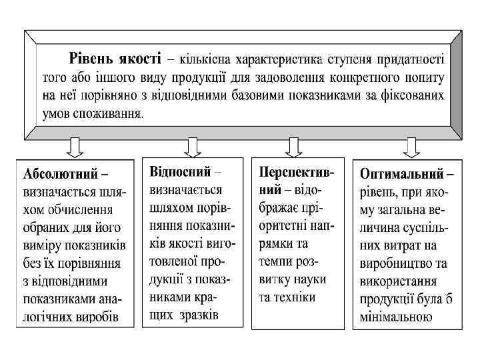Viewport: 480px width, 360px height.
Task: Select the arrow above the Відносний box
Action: click(193, 146)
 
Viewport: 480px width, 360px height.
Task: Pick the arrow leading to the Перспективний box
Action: click(293, 146)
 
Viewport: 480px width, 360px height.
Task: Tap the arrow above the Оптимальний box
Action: click(411, 146)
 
